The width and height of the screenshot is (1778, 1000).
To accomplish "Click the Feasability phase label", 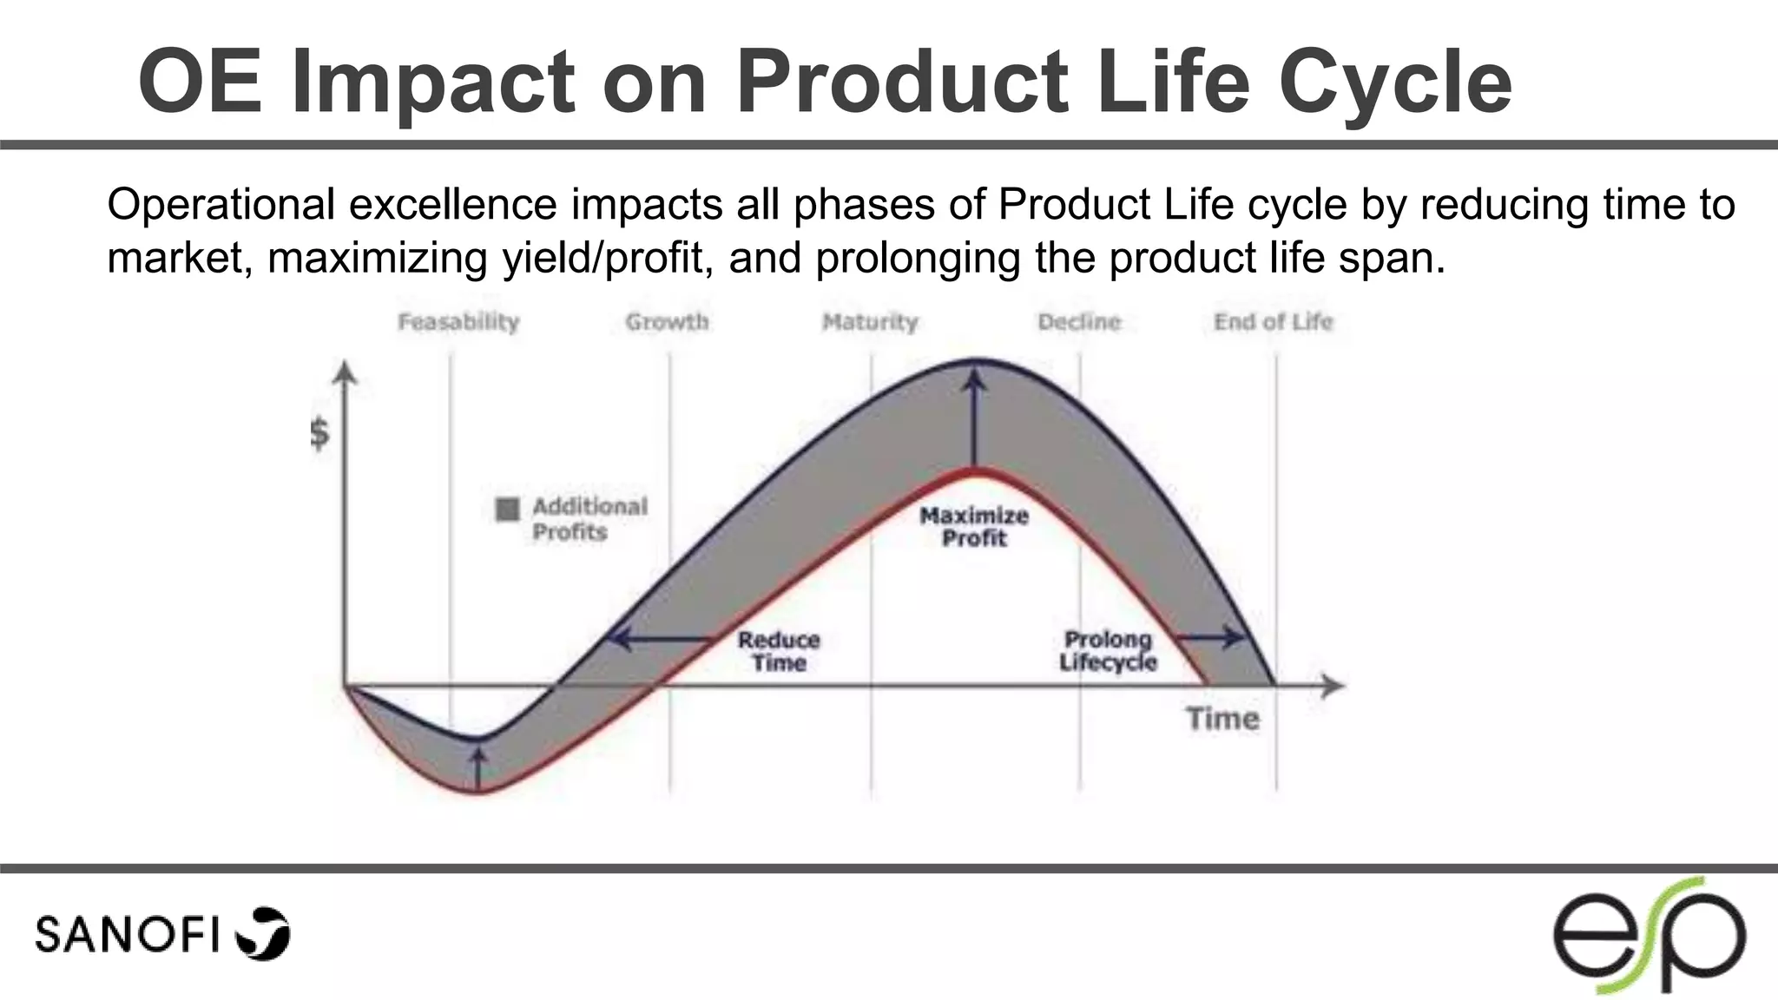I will pos(458,322).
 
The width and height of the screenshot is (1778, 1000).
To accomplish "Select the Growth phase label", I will pos(667,322).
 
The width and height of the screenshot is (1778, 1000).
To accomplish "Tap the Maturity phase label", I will pos(870,322).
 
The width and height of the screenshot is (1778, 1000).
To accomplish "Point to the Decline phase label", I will pos(1079,322).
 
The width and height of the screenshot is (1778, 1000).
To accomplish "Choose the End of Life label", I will pos(1273,322).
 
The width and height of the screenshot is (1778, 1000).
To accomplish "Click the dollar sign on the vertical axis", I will pos(319,432).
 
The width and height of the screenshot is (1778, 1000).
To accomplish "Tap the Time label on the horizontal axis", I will pos(1222,719).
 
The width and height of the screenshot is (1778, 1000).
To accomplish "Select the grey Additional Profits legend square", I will pos(507,509).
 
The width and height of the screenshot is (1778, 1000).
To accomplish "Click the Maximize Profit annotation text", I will pos(974,527).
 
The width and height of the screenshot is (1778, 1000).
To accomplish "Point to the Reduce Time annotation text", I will pos(779,651).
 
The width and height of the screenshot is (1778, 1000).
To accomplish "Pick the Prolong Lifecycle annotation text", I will pos(1108,651).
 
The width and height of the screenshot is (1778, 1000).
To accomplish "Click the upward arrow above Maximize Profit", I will pos(976,417).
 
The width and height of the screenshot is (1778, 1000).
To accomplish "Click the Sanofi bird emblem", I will pos(264,934).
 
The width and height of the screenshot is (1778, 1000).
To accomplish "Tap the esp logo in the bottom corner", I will pos(1649,936).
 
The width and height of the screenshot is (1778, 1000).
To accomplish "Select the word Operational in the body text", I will pos(221,206).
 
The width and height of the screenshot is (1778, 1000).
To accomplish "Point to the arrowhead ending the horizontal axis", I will pos(1333,686).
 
